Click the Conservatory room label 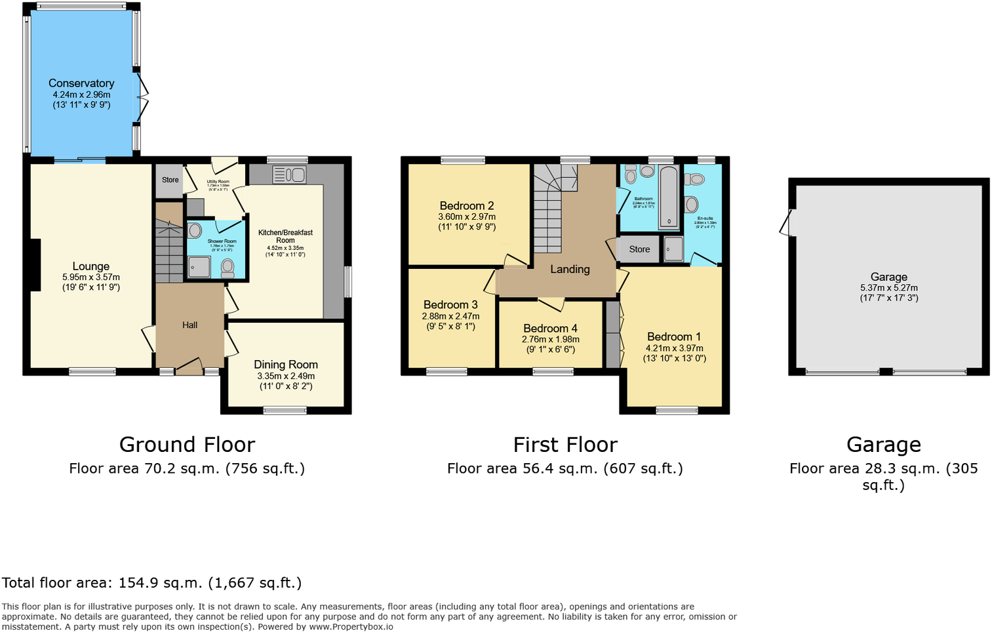point(81,83)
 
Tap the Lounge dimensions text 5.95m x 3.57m point(91,277)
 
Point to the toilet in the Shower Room point(228,267)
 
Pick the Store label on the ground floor point(170,180)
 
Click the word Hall point(189,325)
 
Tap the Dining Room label point(286,365)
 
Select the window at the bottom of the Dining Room point(285,411)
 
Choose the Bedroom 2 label point(467,206)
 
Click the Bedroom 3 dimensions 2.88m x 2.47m point(450,316)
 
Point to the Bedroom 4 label point(550,329)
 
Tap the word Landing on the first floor point(570,270)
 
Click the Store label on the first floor point(639,249)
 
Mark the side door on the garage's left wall point(787,223)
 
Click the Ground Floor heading point(187,445)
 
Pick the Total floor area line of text point(151,583)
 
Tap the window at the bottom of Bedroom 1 point(677,411)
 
